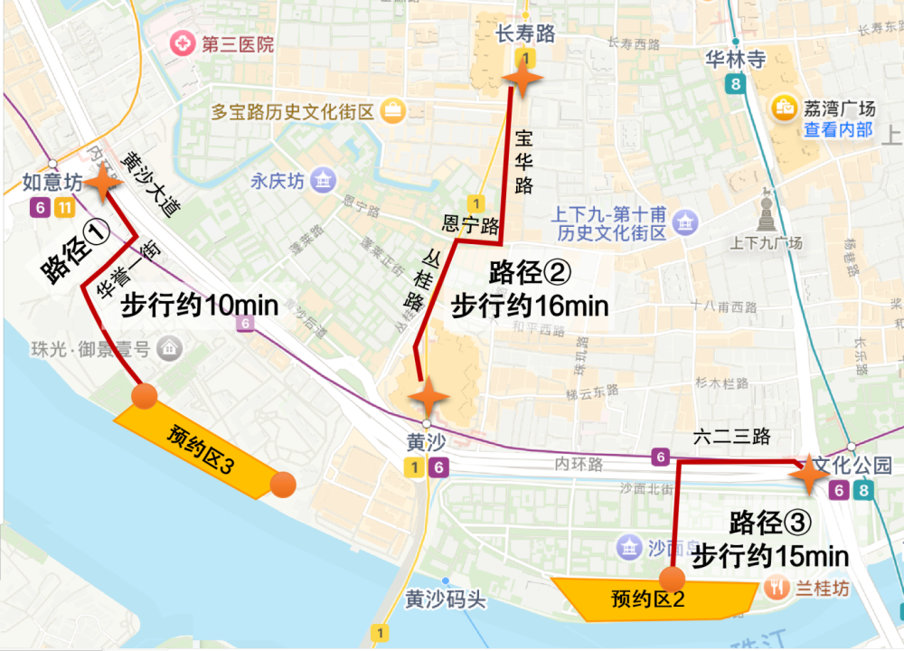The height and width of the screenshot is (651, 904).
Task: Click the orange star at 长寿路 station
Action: point(523,80)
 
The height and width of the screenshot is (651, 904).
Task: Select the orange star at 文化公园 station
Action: point(807,474)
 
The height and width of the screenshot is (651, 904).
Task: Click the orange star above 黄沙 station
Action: point(428,396)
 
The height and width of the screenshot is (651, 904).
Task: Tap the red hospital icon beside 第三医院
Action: point(184,42)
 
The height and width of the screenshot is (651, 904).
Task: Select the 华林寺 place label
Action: point(735,60)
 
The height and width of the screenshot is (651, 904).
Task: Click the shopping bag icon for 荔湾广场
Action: point(781,108)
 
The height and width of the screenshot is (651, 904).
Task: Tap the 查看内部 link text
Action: point(838,129)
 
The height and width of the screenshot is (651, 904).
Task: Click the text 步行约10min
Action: point(199,305)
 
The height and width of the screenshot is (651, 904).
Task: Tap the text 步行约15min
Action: point(770,554)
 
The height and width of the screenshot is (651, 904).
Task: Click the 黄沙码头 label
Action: point(446,599)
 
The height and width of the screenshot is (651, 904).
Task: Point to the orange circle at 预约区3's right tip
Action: point(283,485)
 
